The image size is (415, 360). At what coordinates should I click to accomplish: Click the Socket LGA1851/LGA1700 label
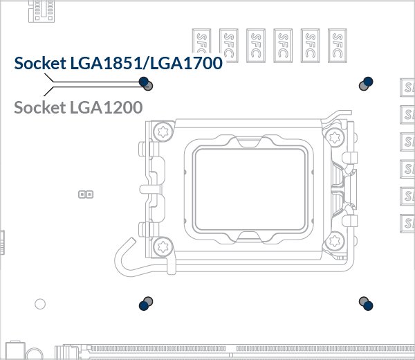(x=118, y=64)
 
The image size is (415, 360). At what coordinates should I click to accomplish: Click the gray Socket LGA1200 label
(x=78, y=107)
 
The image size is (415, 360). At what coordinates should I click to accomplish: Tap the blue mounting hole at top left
(x=144, y=82)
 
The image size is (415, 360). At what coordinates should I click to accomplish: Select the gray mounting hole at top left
(x=149, y=87)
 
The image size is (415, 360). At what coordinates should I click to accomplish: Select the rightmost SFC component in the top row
(x=338, y=46)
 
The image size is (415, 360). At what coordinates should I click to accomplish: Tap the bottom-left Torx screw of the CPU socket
(x=163, y=245)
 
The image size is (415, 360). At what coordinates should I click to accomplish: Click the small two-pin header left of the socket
(x=86, y=195)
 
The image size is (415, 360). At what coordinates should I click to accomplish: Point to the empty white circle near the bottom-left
(x=40, y=303)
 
